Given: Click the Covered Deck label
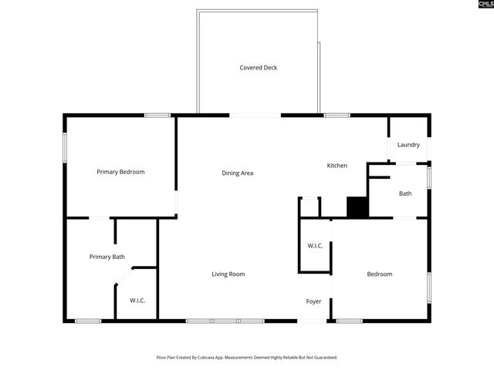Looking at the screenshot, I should [x=258, y=68].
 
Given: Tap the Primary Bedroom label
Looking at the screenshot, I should [x=120, y=172].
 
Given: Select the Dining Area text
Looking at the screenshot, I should [x=237, y=173].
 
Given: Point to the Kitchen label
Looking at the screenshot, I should [x=337, y=166].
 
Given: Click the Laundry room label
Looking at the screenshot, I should [x=408, y=145].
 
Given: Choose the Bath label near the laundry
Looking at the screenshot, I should [x=405, y=193].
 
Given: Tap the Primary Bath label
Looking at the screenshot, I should [x=107, y=257].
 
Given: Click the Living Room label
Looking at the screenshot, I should [x=228, y=274].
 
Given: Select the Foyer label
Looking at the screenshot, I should [x=313, y=301].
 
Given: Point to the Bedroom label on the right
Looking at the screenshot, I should [x=379, y=274].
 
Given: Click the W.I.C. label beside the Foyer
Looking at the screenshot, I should [x=315, y=246].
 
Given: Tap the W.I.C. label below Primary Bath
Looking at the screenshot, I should [x=137, y=300].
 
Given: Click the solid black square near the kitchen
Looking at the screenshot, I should [x=357, y=207].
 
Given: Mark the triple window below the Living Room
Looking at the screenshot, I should [x=225, y=321].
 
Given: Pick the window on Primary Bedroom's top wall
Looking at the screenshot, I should [x=157, y=116].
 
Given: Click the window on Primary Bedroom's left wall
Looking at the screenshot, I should [x=65, y=147].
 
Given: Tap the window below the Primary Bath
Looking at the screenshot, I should [x=87, y=321].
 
